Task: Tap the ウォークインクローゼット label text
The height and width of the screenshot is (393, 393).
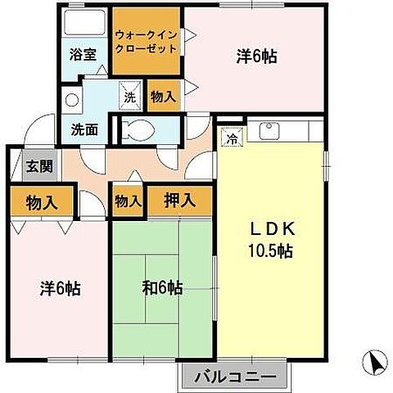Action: (x=145, y=42)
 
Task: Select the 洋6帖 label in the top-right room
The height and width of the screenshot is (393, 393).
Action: (x=256, y=56)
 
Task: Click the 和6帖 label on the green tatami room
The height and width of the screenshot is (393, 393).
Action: (x=161, y=288)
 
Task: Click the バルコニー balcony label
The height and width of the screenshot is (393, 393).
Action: (x=235, y=377)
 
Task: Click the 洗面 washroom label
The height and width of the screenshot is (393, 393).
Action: (x=84, y=129)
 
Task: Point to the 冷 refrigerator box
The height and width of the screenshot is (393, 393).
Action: (x=233, y=138)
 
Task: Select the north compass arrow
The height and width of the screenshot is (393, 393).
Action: (x=373, y=360)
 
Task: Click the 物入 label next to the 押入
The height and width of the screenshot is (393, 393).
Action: (x=127, y=200)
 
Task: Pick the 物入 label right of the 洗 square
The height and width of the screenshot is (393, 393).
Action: (x=163, y=97)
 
